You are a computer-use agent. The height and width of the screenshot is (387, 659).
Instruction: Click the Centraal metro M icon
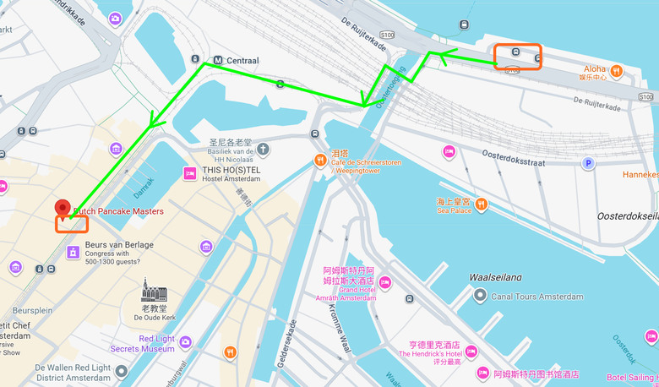tap(218, 60)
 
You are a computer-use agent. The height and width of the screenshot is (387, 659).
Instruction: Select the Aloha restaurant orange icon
tap(618, 71)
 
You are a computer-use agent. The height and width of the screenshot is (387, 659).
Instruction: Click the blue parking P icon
tap(589, 163)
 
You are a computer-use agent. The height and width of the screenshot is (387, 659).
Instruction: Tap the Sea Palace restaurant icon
tap(481, 203)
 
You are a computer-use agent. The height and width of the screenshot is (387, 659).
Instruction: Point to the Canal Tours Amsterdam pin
tap(480, 296)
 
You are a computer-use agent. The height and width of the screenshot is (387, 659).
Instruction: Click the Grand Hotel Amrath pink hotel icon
tap(385, 282)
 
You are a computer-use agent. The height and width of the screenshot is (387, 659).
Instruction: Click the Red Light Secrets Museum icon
tap(185, 342)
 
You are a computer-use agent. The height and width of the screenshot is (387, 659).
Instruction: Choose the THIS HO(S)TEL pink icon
tap(190, 173)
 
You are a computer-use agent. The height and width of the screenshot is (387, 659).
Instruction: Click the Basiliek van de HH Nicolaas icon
tap(264, 150)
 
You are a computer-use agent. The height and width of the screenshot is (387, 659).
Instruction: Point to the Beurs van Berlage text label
tap(119, 244)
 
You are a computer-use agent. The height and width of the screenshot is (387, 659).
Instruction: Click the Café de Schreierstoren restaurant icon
tap(320, 160)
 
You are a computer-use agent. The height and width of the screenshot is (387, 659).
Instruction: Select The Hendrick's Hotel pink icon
tap(471, 352)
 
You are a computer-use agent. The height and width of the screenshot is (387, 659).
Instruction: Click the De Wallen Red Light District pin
tap(122, 372)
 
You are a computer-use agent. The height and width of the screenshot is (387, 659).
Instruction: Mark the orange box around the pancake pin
tap(72, 224)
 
